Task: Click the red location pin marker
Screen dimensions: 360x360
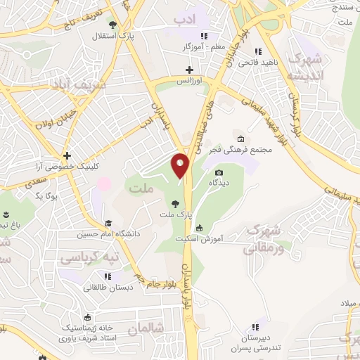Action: pyautogui.click(x=181, y=166)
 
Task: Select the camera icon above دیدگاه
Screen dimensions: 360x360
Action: pyautogui.click(x=219, y=173)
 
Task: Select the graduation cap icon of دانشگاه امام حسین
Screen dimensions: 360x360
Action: pyautogui.click(x=108, y=223)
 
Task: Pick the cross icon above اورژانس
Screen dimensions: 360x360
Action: pyautogui.click(x=188, y=70)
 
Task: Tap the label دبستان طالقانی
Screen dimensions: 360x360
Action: pyautogui.click(x=105, y=287)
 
